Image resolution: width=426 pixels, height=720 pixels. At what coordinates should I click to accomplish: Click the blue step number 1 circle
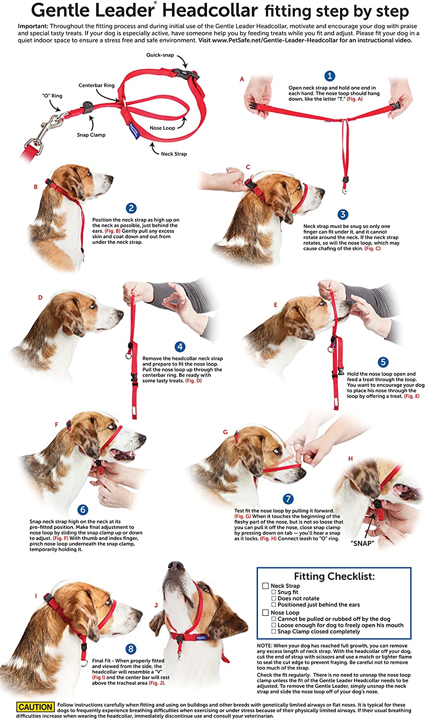point(329,76)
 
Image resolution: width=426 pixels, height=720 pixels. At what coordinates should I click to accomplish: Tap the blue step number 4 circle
point(180,347)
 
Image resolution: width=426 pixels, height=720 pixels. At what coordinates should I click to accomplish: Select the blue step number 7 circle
point(288,499)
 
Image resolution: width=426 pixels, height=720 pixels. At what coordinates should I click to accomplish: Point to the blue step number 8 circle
point(131,649)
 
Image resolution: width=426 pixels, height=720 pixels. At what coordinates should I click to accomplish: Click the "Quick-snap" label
point(160,55)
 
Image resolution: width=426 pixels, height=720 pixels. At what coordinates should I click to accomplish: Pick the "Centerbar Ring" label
point(97,85)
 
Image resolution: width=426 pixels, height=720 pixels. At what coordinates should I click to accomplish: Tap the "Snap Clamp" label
point(91,135)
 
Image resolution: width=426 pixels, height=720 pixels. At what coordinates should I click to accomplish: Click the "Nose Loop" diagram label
point(162,128)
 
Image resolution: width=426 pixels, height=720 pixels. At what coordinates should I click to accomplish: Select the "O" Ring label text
point(52,96)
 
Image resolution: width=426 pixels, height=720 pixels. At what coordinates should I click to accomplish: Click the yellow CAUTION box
point(36,707)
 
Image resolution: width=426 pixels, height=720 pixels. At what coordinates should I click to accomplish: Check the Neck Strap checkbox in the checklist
point(266,586)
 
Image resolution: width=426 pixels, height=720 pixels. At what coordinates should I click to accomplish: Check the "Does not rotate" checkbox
point(274,599)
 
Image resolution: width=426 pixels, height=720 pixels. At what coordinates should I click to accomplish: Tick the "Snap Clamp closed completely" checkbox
point(274,632)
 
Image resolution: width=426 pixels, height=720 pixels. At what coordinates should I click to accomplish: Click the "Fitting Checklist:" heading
point(334,576)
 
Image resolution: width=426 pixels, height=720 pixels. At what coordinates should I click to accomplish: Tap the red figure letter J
point(156,605)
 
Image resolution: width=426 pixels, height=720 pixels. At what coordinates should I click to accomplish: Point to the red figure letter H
point(351,459)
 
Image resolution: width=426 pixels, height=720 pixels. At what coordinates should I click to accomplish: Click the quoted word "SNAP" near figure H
point(363,543)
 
